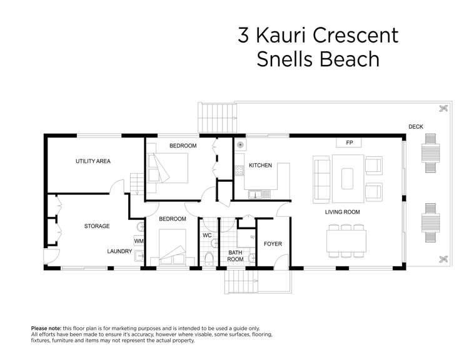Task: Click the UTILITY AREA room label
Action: (x=93, y=161)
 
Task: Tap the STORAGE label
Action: (x=97, y=226)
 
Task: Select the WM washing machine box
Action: (x=138, y=241)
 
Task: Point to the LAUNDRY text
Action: (x=119, y=251)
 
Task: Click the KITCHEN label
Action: (x=260, y=166)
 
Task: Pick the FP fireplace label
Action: (x=349, y=143)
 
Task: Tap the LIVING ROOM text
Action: (x=342, y=212)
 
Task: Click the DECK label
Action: (x=416, y=127)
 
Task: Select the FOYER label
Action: (x=273, y=244)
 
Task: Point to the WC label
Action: (x=208, y=236)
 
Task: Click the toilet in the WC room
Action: (x=209, y=259)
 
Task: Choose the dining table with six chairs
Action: (x=345, y=239)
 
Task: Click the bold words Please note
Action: (x=46, y=328)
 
